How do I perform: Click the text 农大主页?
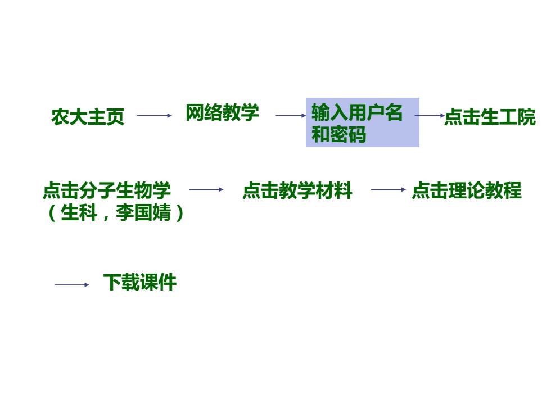(88, 117)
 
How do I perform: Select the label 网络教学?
(223, 113)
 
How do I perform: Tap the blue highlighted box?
(362, 122)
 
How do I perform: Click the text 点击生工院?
(490, 117)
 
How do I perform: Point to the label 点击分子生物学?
(107, 190)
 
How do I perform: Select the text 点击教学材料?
(297, 190)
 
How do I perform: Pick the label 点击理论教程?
(467, 190)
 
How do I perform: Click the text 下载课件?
(140, 282)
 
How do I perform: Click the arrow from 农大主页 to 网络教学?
(154, 115)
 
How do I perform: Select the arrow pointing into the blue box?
(291, 115)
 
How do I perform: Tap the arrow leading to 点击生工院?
(430, 115)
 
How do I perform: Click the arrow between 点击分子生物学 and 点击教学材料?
(206, 190)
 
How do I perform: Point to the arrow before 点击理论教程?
(389, 190)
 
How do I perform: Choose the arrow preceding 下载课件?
(72, 285)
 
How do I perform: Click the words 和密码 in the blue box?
(338, 134)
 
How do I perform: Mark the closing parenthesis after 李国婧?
(179, 213)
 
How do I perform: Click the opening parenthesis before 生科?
(52, 213)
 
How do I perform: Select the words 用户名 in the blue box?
(375, 113)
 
